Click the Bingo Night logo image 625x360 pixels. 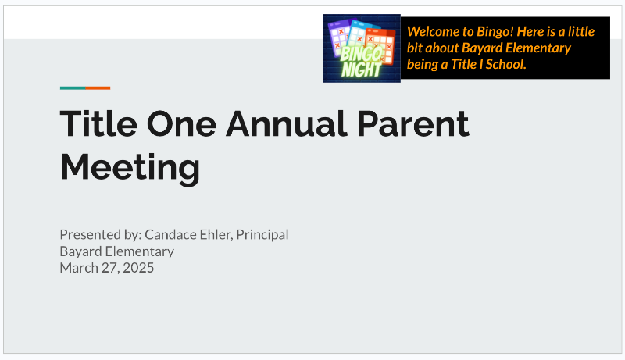pyautogui.click(x=362, y=48)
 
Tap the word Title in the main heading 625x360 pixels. pyautogui.click(x=98, y=124)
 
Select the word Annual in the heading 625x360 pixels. pyautogui.click(x=287, y=124)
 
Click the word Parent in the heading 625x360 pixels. pyautogui.click(x=413, y=124)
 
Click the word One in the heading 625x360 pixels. pyautogui.click(x=181, y=124)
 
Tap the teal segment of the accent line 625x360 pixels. pyautogui.click(x=73, y=88)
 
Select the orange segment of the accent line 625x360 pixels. pyautogui.click(x=98, y=88)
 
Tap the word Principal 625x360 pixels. pyautogui.click(x=262, y=235)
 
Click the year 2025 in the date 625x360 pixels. pyautogui.click(x=138, y=268)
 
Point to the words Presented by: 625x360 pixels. pyautogui.click(x=101, y=235)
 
